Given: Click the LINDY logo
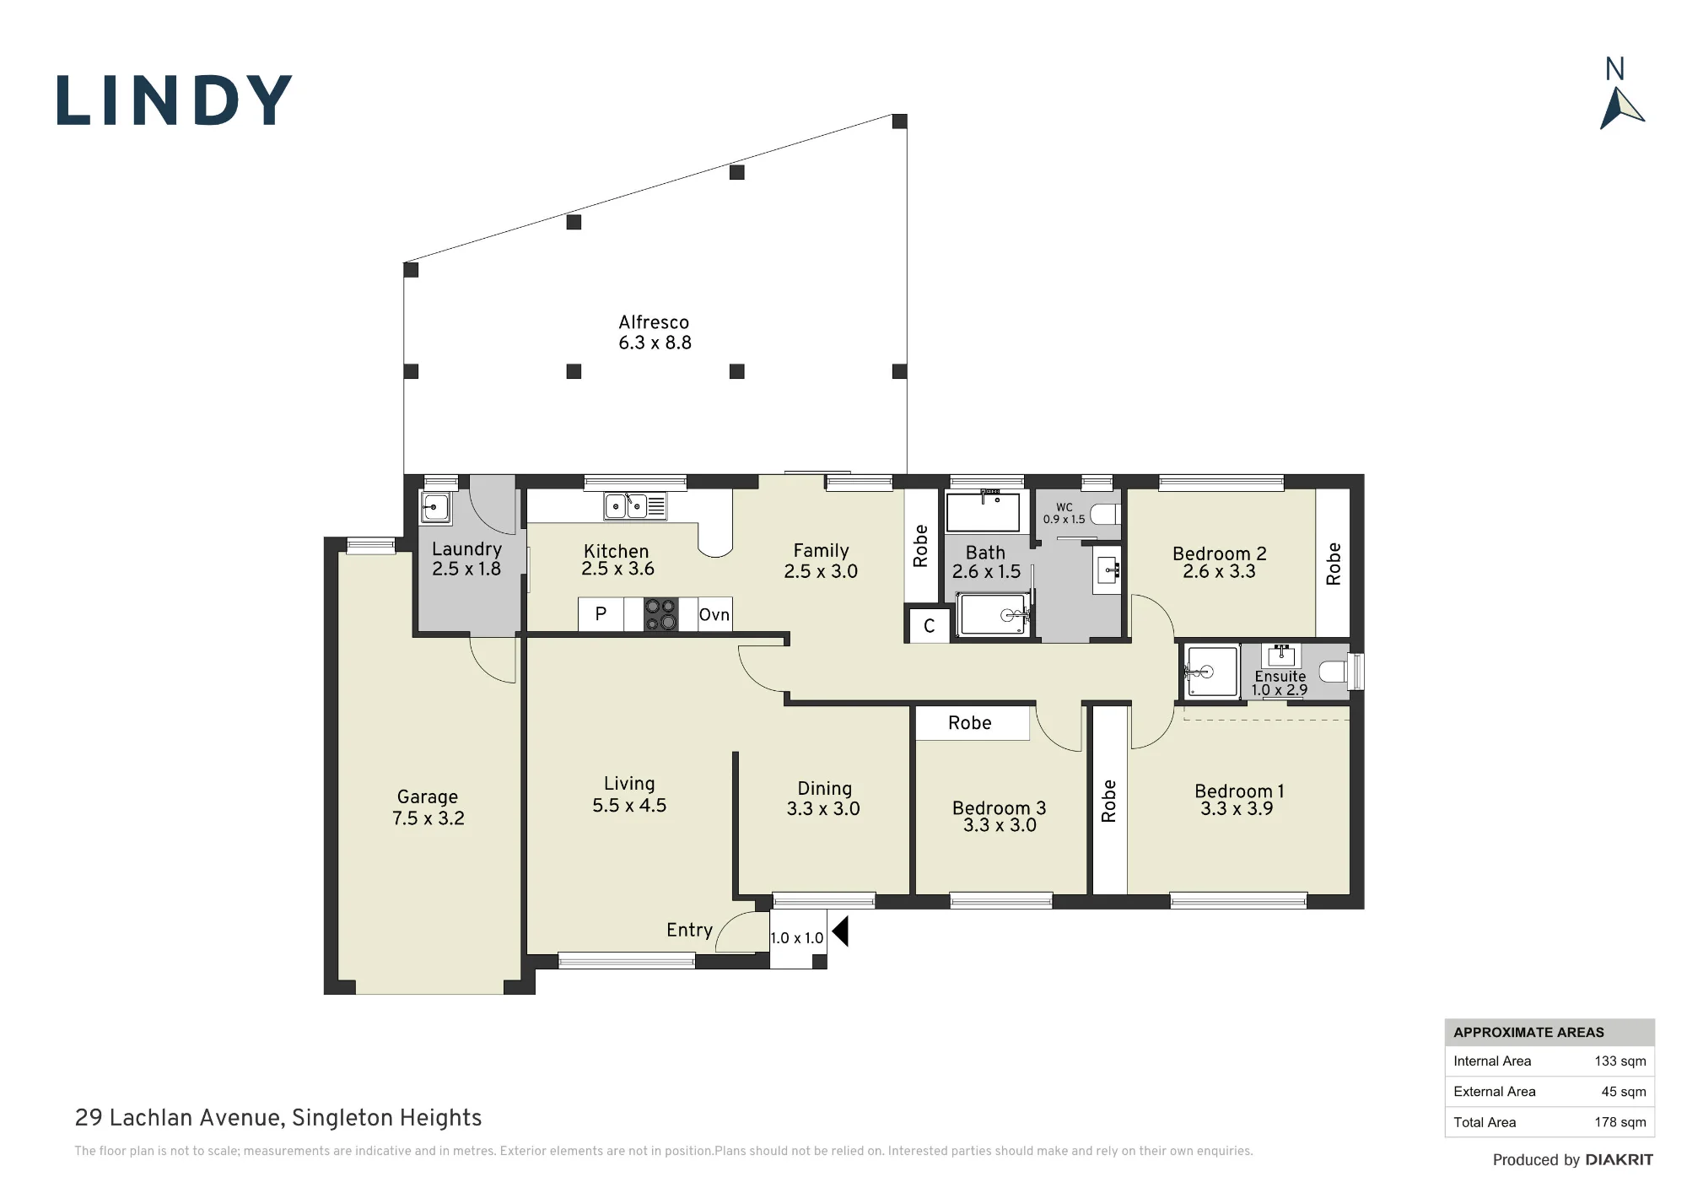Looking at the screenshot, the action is click(x=175, y=100).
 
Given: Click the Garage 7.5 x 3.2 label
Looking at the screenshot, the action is click(x=428, y=807).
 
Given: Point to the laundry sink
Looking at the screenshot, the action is click(x=435, y=508).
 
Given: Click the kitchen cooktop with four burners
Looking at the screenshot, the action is click(x=660, y=614).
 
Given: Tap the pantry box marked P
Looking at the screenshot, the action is click(x=601, y=614).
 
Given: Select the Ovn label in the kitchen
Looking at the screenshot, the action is click(x=714, y=614).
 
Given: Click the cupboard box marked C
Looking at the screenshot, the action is click(x=929, y=626).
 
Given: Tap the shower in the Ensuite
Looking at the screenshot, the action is click(x=1211, y=672).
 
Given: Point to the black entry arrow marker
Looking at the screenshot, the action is click(x=839, y=931).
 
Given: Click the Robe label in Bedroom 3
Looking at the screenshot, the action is click(x=969, y=723).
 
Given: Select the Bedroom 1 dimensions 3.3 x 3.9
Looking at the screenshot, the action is click(x=1237, y=809).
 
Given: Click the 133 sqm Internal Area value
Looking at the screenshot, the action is click(x=1620, y=1061).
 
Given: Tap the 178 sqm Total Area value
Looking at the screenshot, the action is click(x=1620, y=1122).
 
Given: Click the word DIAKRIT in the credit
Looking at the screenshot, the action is click(x=1619, y=1160).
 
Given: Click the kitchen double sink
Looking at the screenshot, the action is click(x=626, y=506).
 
